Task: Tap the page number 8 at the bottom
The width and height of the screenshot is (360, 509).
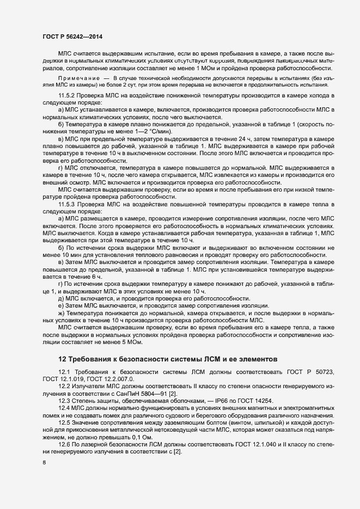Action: click(x=44, y=463)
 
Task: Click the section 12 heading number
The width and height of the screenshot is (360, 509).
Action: click(x=62, y=359)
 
